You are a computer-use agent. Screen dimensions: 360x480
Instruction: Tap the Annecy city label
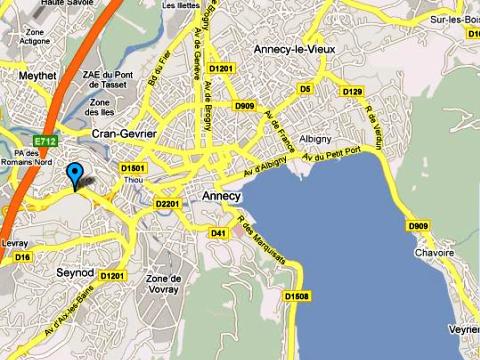click(221, 196)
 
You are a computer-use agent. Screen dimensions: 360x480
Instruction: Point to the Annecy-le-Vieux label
click(294, 49)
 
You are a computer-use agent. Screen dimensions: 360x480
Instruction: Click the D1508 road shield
click(297, 295)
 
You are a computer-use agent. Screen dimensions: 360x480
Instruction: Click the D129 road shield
click(352, 92)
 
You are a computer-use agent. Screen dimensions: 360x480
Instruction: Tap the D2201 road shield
click(167, 204)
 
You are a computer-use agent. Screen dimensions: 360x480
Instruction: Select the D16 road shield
click(23, 257)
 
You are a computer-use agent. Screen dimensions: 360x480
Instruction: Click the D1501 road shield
click(133, 169)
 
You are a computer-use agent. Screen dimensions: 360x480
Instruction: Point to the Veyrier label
click(462, 328)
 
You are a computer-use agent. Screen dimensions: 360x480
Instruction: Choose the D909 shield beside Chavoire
click(418, 227)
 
